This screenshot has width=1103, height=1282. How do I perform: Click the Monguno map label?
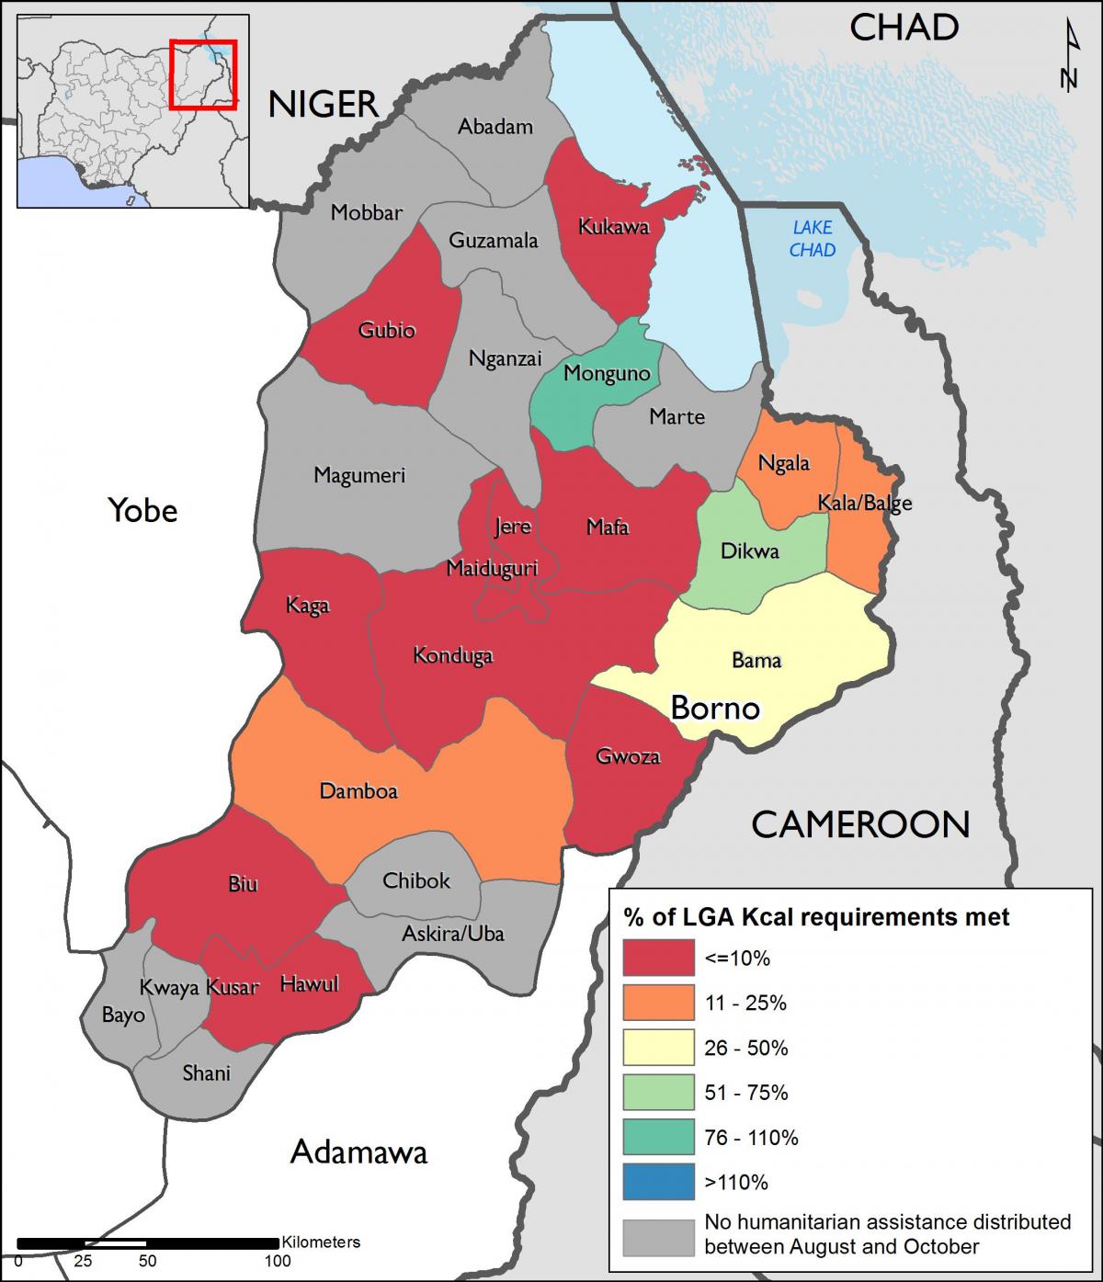(x=606, y=373)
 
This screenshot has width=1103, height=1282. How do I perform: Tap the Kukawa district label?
(x=613, y=227)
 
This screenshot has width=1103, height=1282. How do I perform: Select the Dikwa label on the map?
(x=749, y=551)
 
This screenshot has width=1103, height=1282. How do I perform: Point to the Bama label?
(x=756, y=660)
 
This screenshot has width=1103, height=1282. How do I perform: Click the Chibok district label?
(x=416, y=880)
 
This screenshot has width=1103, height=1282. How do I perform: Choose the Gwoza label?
(x=628, y=756)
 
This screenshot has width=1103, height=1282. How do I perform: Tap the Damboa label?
(x=358, y=790)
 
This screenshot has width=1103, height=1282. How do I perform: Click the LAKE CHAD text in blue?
(x=813, y=238)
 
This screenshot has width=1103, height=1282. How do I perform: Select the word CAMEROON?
(x=860, y=824)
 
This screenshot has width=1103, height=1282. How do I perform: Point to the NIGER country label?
(x=323, y=105)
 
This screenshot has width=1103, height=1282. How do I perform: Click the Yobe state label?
(x=142, y=509)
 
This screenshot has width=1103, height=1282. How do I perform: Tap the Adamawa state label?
(x=358, y=1152)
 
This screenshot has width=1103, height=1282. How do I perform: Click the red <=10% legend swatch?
(x=657, y=958)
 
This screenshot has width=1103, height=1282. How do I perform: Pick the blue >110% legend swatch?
(x=657, y=1182)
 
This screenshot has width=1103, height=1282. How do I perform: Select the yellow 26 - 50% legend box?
(x=657, y=1048)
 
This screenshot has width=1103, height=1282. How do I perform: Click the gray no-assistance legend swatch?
(x=657, y=1236)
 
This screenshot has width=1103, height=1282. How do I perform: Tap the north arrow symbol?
(x=1068, y=57)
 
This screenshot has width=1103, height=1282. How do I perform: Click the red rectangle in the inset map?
(x=203, y=74)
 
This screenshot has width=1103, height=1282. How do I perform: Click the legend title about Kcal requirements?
(x=816, y=916)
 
